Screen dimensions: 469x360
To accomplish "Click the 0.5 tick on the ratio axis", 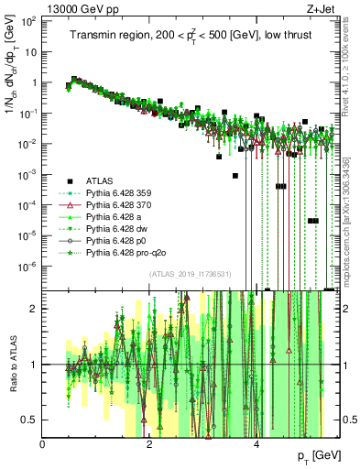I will click(30, 420).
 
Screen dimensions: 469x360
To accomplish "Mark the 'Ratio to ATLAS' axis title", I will click(12, 364).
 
